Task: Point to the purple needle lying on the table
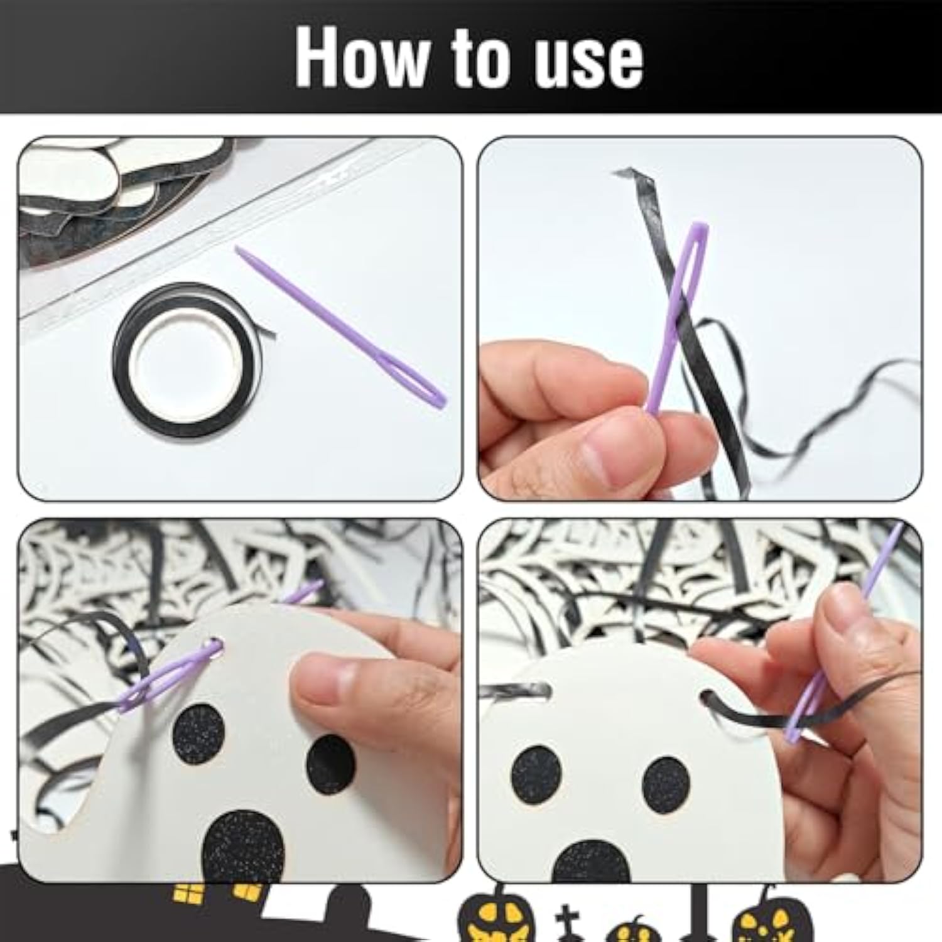point(340,327)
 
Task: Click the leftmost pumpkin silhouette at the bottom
point(496,914)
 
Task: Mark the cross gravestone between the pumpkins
point(565,923)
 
